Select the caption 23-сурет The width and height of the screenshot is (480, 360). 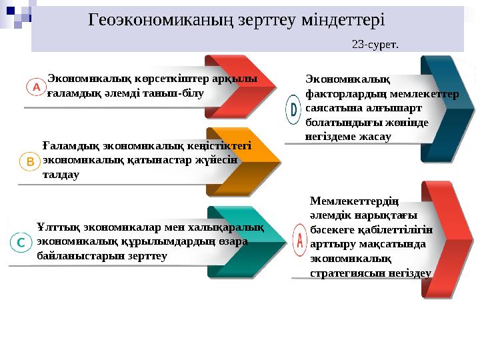(x=375, y=45)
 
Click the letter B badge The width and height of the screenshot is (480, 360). (x=30, y=162)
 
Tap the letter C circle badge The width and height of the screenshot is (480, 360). (x=21, y=243)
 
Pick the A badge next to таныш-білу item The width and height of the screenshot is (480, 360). (x=36, y=87)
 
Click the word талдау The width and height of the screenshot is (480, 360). (x=61, y=175)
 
